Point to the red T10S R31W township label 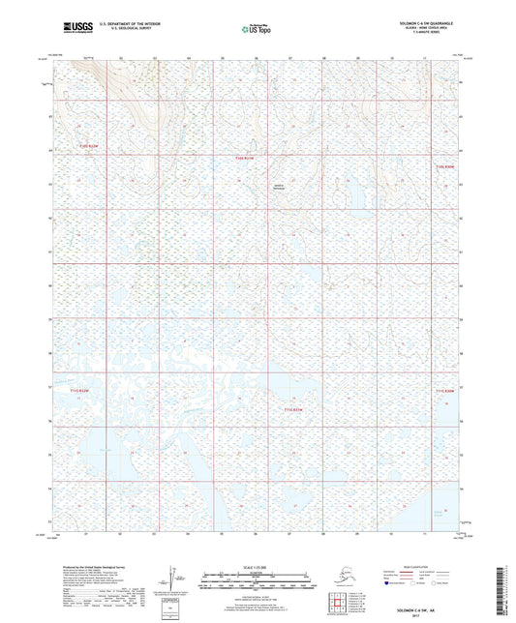tap(249, 159)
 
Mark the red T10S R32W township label tap(89, 147)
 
